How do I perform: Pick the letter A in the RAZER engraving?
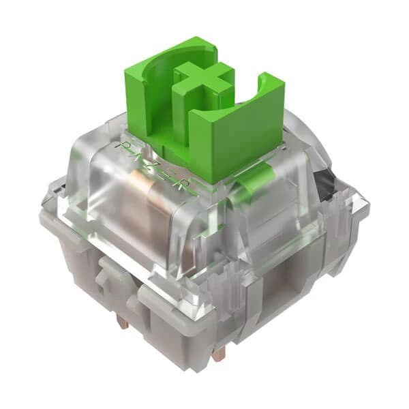point(142,154)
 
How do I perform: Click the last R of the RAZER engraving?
point(190,183)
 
